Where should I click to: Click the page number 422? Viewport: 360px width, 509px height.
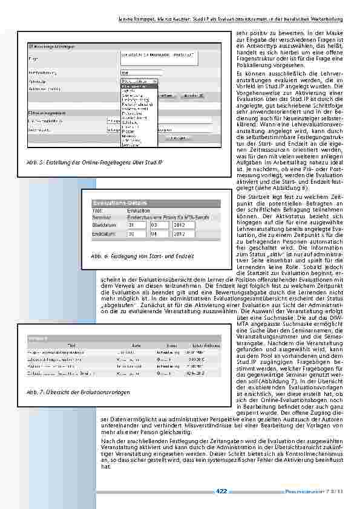221,490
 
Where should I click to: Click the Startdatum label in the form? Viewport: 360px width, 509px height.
103,225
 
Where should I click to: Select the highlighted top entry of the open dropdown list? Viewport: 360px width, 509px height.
139,86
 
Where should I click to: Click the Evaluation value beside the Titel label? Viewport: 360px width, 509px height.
139,210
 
